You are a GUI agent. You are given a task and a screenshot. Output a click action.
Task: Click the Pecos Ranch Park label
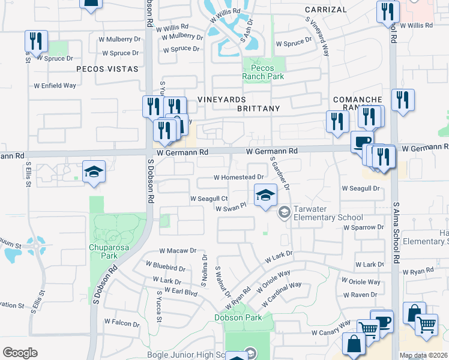pos(262,72)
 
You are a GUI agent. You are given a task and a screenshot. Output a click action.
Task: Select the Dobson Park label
pos(238,317)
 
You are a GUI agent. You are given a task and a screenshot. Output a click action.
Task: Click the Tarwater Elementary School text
pos(328,217)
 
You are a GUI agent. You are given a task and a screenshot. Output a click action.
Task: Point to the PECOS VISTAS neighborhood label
pos(107,70)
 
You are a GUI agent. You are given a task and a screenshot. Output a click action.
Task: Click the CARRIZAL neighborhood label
pos(325,10)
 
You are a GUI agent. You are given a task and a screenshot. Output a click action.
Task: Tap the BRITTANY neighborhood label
pos(258,109)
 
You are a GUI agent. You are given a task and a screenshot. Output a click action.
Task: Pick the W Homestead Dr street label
pos(239,178)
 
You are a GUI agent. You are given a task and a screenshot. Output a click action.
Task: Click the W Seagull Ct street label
pos(208,199)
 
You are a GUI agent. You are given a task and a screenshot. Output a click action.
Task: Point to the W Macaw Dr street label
pos(178,251)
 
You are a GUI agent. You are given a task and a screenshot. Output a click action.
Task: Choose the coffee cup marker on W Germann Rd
pos(361,142)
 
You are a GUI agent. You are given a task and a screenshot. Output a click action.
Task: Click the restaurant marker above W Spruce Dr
pos(36,41)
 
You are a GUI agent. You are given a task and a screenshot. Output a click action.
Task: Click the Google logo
pos(20,353)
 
